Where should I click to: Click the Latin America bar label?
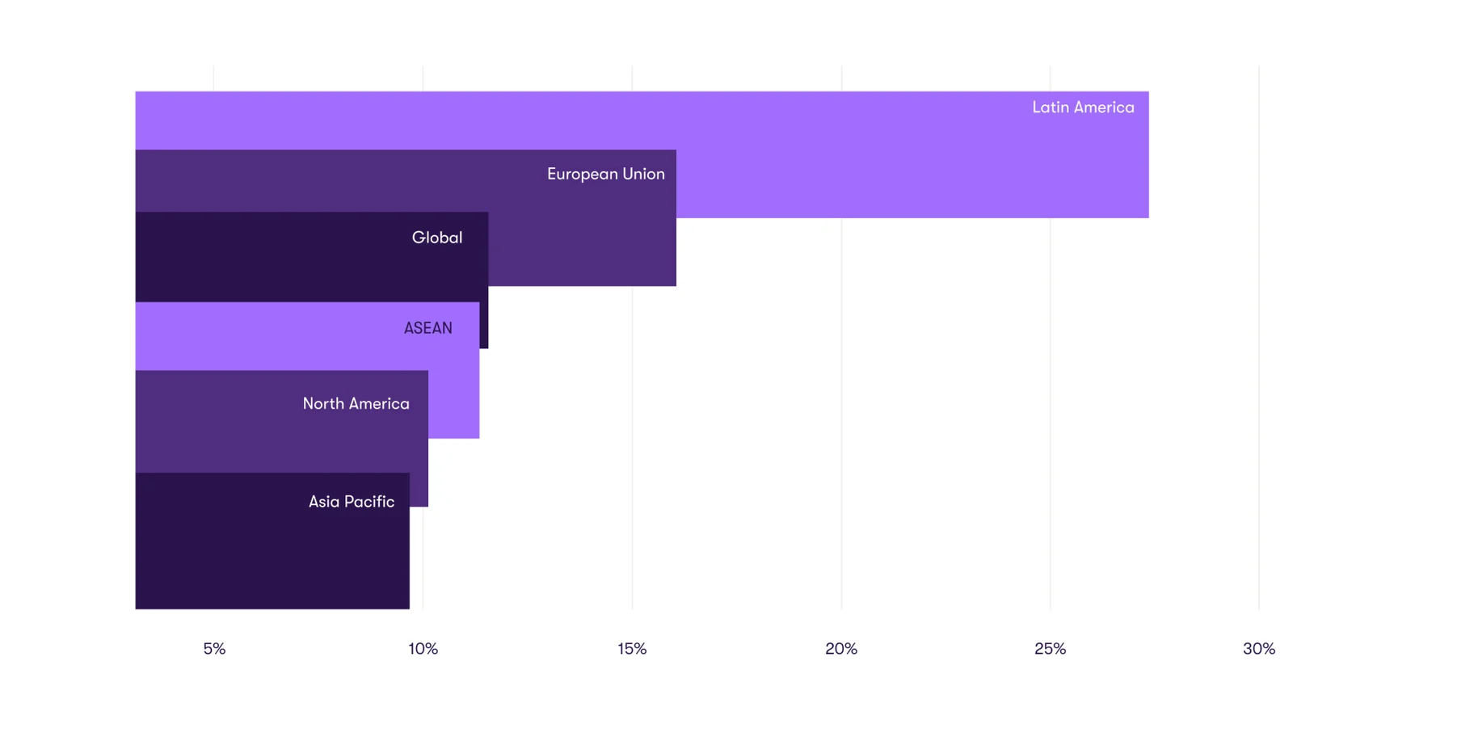1083,107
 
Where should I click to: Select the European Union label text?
605,174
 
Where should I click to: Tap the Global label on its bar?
437,238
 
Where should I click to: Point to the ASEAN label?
427,328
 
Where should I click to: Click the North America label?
356,403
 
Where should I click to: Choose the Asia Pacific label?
352,502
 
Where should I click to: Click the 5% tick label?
214,649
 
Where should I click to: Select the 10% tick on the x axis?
423,649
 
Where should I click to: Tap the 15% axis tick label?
632,649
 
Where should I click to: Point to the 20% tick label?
841,649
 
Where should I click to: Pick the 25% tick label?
1050,649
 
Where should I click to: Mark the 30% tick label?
1259,649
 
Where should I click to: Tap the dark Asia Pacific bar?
272,558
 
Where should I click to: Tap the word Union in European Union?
643,174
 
